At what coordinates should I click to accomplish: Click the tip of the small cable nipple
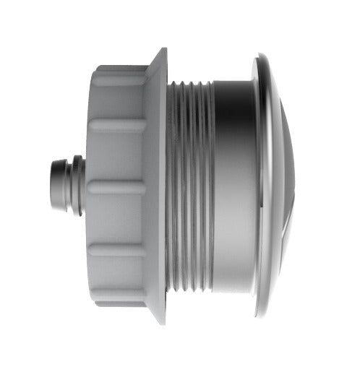pyautogui.click(x=52, y=186)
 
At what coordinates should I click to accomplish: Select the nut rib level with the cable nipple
pyautogui.click(x=116, y=187)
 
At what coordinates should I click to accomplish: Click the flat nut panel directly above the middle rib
pyautogui.click(x=116, y=155)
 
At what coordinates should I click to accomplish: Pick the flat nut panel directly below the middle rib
pyautogui.click(x=116, y=217)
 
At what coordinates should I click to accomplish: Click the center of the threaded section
pyautogui.click(x=189, y=186)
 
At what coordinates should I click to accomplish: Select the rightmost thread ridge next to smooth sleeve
pyautogui.click(x=210, y=186)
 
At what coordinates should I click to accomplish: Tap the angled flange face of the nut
pyautogui.click(x=155, y=186)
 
